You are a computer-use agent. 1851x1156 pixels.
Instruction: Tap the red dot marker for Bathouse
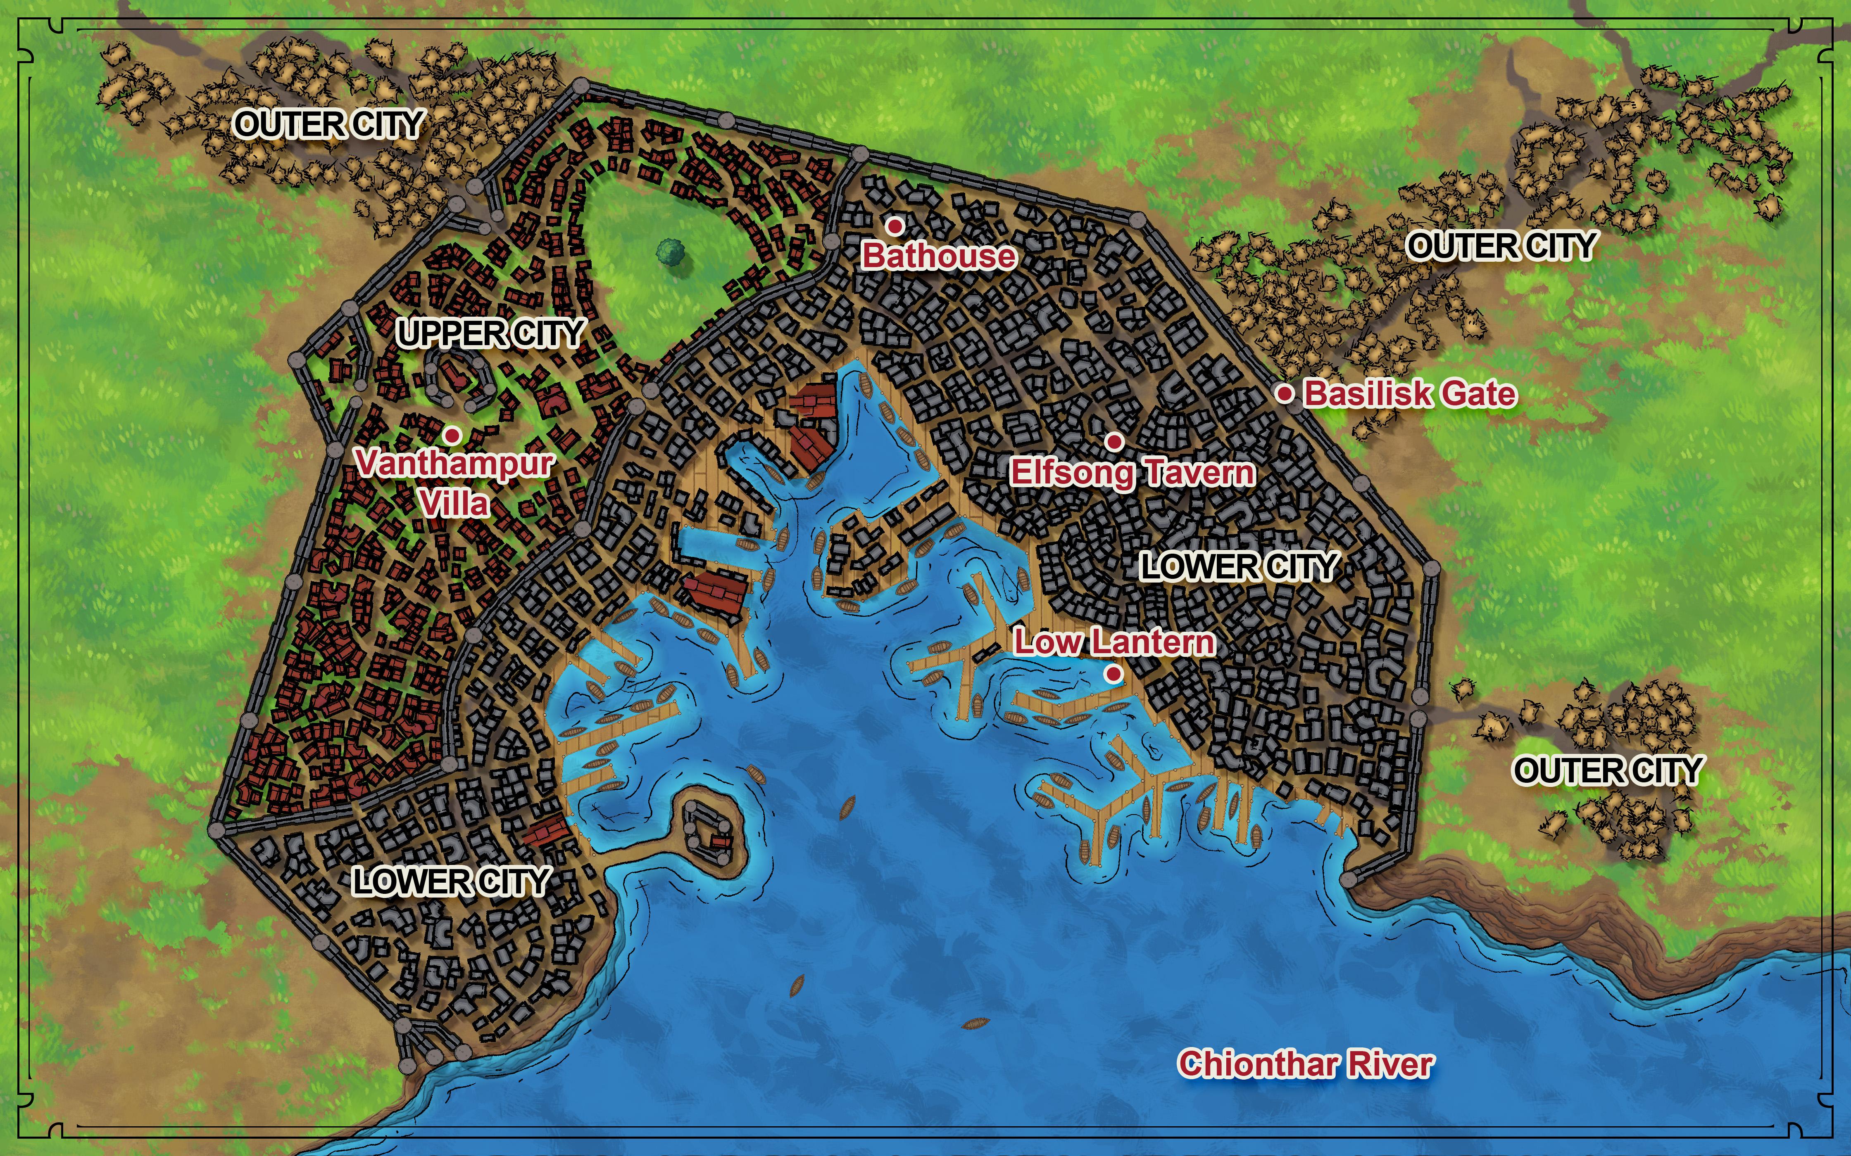pos(894,226)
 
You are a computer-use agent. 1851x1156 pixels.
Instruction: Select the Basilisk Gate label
pos(1409,394)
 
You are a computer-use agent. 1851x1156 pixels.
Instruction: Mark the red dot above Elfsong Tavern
pos(1114,441)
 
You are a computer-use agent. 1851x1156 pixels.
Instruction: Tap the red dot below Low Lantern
pos(1113,673)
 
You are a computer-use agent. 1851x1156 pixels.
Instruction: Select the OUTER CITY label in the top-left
pos(328,124)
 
